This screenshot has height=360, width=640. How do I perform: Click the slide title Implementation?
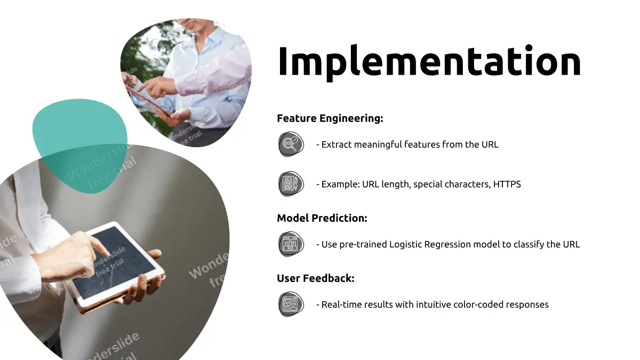429,62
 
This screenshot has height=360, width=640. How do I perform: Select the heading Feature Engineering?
330,118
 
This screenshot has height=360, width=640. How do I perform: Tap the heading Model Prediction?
322,218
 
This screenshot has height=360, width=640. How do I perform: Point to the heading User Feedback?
316,278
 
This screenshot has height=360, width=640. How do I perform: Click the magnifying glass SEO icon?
291,143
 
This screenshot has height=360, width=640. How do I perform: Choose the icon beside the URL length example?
291,183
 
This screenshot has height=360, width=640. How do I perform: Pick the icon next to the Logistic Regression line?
291,244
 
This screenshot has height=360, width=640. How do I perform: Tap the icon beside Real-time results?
291,304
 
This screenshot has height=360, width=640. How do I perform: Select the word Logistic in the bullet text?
405,245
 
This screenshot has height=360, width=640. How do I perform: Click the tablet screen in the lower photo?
114,262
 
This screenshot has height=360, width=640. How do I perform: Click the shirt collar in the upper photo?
210,38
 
